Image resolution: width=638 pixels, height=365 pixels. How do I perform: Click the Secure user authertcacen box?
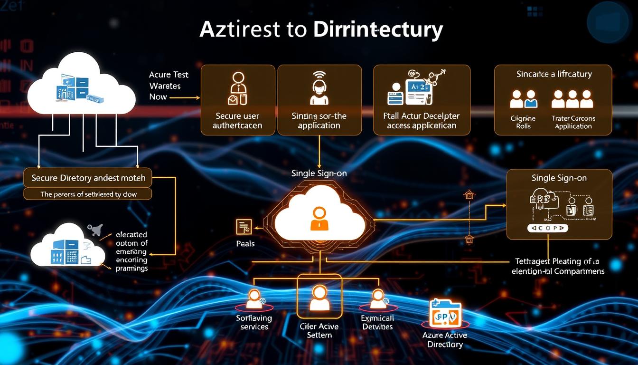point(238,100)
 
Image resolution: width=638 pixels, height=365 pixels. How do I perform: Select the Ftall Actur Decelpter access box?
point(422,100)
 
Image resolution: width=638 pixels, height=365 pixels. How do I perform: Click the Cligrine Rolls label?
point(523,122)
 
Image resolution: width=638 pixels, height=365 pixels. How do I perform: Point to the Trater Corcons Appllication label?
point(573,122)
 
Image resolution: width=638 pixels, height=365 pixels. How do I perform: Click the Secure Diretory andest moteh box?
point(88,178)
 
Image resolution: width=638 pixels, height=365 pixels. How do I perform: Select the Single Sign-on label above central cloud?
point(319,173)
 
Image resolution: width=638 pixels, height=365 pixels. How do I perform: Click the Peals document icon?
point(244,227)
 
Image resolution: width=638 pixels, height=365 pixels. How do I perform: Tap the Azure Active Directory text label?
point(445,339)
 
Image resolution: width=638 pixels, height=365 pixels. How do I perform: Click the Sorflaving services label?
point(254,322)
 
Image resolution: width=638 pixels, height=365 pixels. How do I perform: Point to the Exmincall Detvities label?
point(377,322)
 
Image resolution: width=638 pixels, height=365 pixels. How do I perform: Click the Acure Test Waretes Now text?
point(169,86)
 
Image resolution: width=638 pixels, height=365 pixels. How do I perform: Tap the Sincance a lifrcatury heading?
point(554,74)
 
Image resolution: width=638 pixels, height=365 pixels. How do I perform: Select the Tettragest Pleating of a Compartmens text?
point(558,266)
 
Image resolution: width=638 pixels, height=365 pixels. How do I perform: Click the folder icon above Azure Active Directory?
point(445,313)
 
